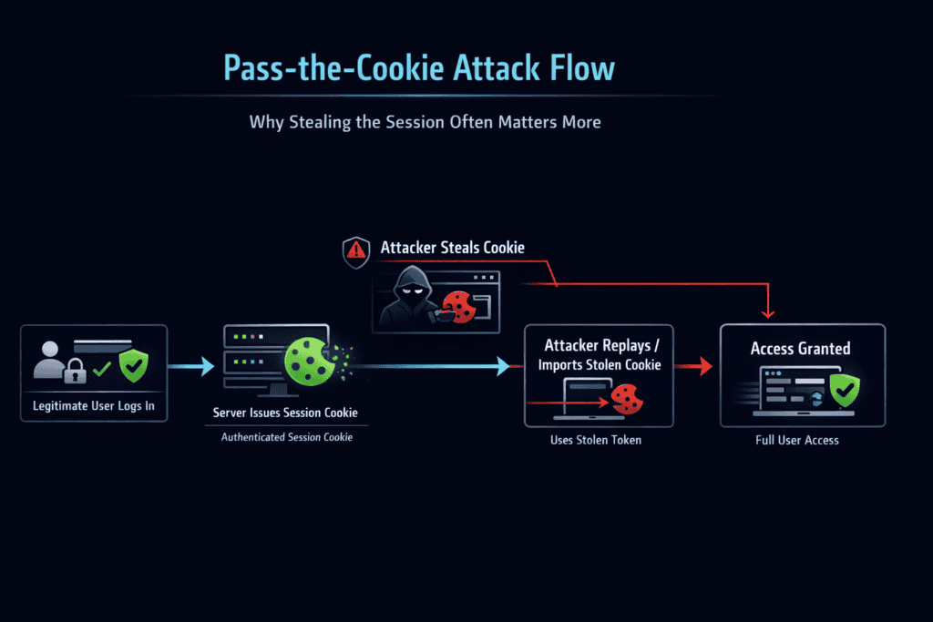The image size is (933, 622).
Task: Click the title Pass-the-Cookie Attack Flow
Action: coord(419,68)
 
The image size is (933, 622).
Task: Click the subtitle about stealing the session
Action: coord(425,121)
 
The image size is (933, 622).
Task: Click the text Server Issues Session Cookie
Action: coord(285,413)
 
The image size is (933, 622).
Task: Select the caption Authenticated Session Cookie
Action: coord(286,437)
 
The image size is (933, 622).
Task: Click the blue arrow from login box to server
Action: coord(192,366)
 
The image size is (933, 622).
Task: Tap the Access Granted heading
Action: coord(800,348)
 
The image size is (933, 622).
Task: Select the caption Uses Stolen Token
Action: coord(596,440)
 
